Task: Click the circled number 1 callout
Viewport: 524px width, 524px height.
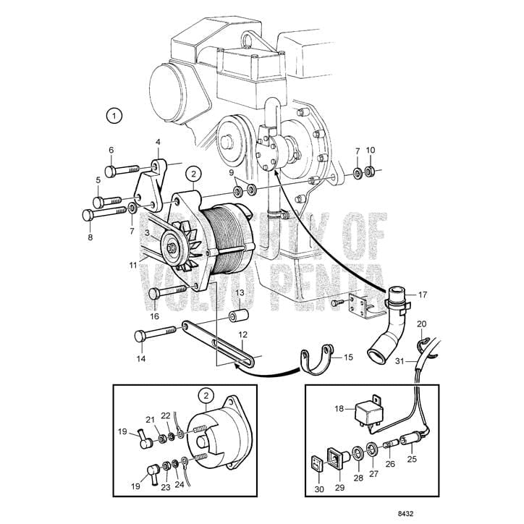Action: point(114,114)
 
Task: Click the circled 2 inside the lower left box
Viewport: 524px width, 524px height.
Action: point(208,396)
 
